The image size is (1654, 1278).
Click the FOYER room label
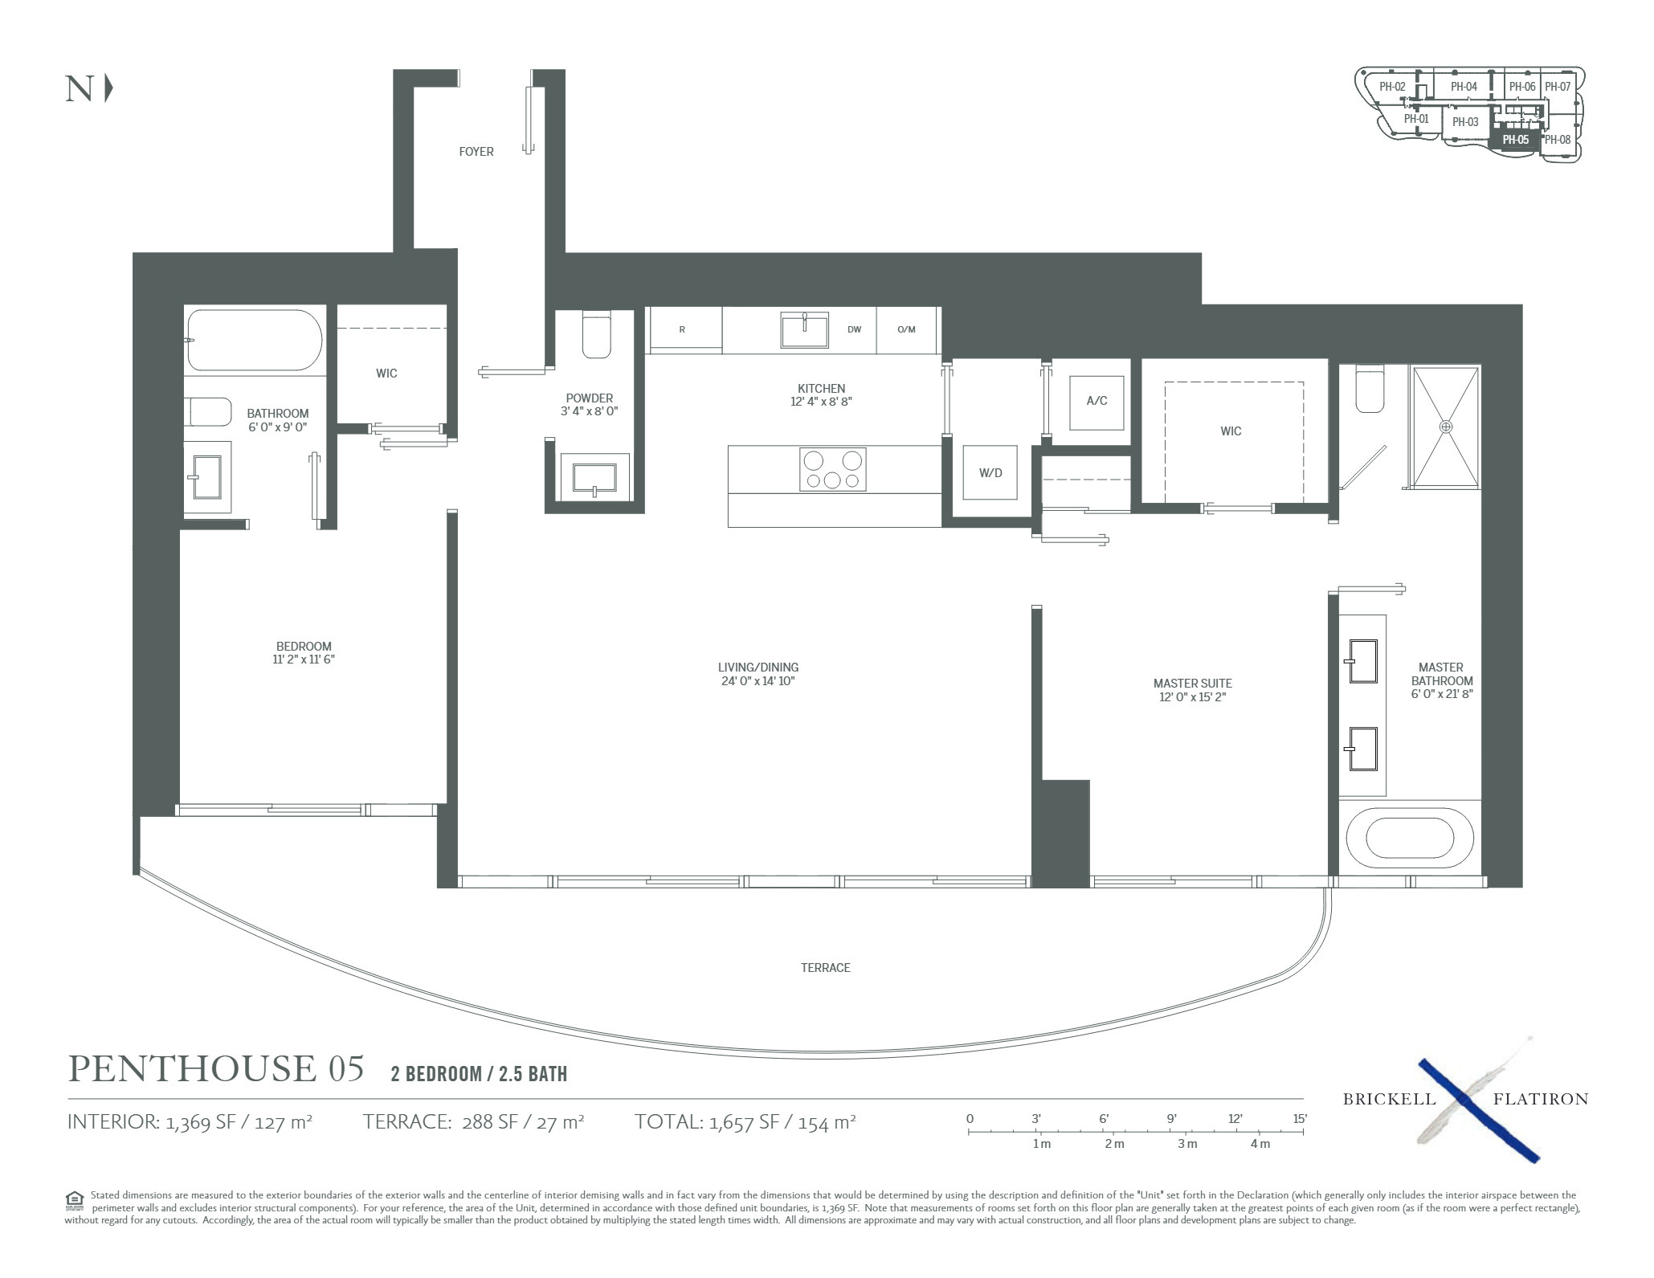click(476, 152)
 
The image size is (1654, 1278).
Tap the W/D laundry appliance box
click(990, 472)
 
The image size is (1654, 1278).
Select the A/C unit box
click(1097, 401)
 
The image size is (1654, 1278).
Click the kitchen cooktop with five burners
click(833, 469)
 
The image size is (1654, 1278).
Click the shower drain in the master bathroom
click(1446, 426)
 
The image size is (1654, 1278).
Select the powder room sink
click(594, 477)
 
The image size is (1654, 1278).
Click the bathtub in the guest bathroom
click(255, 341)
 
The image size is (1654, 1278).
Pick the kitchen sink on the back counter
click(805, 330)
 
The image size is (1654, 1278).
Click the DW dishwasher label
click(854, 329)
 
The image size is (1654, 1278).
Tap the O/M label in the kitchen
click(906, 329)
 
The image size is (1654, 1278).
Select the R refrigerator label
click(682, 329)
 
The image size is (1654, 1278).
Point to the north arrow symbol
click(108, 88)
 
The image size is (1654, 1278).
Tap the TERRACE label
click(825, 968)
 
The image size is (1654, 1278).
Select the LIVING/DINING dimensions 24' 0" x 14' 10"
click(758, 681)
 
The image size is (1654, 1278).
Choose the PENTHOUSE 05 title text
click(216, 1068)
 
